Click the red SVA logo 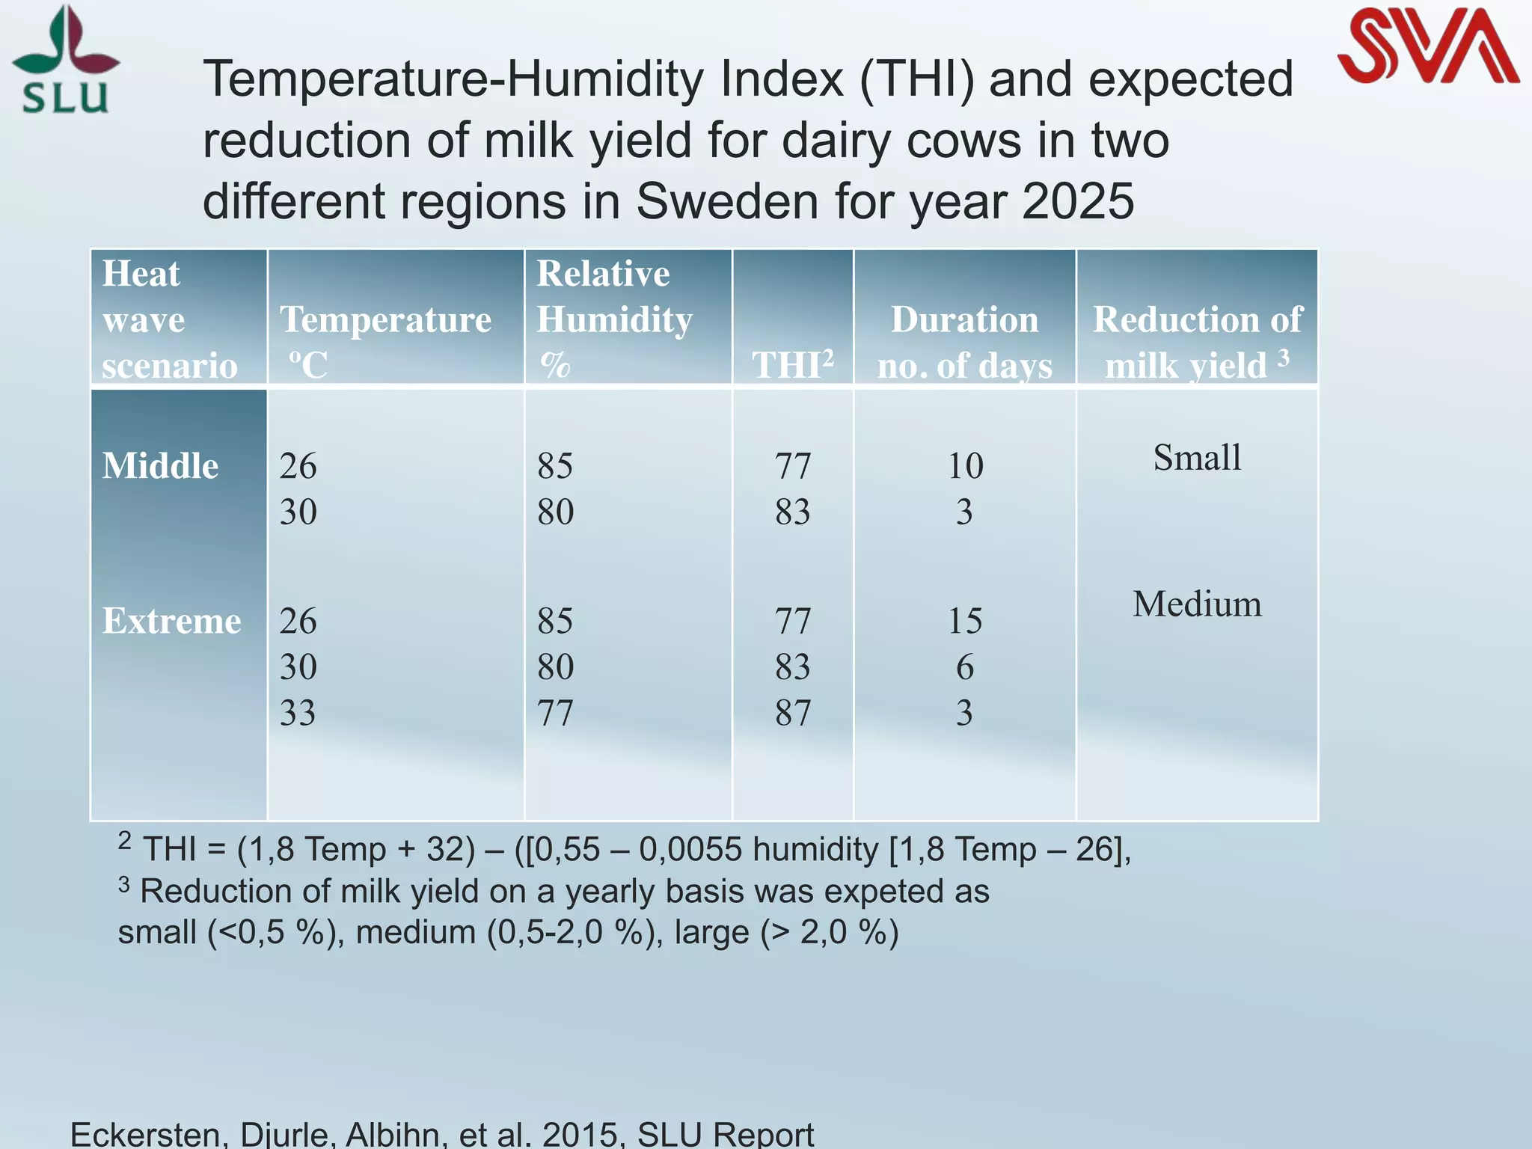[x=1427, y=46]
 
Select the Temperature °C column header [x=385, y=341]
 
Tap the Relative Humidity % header [x=614, y=319]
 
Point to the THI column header [x=792, y=365]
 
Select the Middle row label [x=160, y=466]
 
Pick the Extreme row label [x=171, y=621]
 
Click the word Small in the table [x=1197, y=457]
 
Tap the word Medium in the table [x=1197, y=604]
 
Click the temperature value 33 [x=298, y=712]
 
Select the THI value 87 [x=793, y=712]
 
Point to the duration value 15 [x=965, y=621]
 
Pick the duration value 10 [x=965, y=466]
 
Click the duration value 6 [x=965, y=667]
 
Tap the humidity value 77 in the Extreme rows [x=555, y=712]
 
